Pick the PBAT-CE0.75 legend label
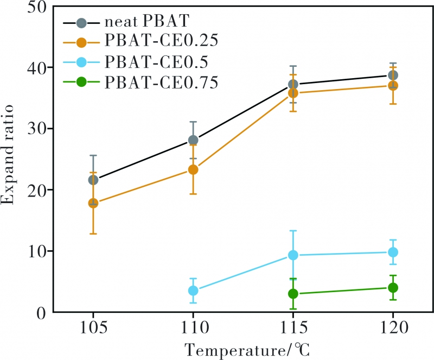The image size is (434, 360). click(x=162, y=82)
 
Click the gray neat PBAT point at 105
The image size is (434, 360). click(x=93, y=180)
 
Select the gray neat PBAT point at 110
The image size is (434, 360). click(x=193, y=140)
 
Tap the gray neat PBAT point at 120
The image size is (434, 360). click(x=392, y=75)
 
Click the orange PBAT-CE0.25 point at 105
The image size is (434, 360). click(x=93, y=203)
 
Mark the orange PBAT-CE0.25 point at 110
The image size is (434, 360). click(x=193, y=169)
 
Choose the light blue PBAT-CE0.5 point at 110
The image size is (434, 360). click(x=193, y=290)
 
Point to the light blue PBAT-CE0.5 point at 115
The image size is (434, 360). click(x=293, y=255)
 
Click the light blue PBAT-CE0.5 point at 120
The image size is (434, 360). click(x=392, y=252)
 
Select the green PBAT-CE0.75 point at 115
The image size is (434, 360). click(x=293, y=294)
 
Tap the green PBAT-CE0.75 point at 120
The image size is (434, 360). click(x=392, y=287)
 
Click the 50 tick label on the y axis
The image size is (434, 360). click(x=37, y=7)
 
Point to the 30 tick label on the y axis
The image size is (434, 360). click(x=37, y=129)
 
